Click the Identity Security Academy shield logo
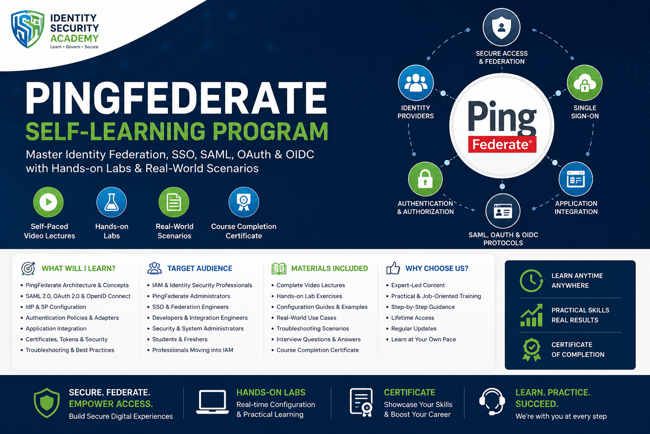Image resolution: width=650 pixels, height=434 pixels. point(28,29)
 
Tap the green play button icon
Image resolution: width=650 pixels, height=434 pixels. point(49,202)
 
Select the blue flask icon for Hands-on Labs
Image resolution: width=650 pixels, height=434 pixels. point(111,202)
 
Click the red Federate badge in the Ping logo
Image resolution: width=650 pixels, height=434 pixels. point(502,145)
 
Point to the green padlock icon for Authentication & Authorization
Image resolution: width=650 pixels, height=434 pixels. point(425,179)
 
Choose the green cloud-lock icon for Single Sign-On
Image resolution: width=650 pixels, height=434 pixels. point(584,83)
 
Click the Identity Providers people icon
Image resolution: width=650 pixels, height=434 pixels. point(416,83)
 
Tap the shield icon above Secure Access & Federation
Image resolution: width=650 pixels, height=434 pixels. point(501,27)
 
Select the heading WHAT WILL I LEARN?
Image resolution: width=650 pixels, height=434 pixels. point(79,268)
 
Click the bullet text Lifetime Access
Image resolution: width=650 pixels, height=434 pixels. point(413,318)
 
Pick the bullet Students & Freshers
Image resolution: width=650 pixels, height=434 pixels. point(180,339)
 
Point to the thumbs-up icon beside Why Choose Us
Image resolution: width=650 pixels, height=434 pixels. point(393,268)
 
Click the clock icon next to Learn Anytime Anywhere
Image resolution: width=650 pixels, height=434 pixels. point(532,281)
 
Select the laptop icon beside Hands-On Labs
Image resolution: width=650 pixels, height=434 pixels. point(212,402)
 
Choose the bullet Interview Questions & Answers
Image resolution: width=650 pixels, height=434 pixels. point(319,339)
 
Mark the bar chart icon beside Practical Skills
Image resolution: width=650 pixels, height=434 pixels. point(532,315)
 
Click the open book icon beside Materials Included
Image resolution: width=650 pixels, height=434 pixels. point(279,269)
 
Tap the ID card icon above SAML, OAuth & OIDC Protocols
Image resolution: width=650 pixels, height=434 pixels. point(503,211)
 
